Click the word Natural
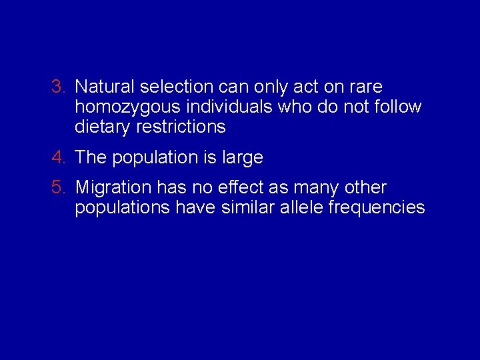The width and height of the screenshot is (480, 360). (105, 87)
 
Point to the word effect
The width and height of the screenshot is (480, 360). (234, 188)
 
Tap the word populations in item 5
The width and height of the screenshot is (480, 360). (123, 208)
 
